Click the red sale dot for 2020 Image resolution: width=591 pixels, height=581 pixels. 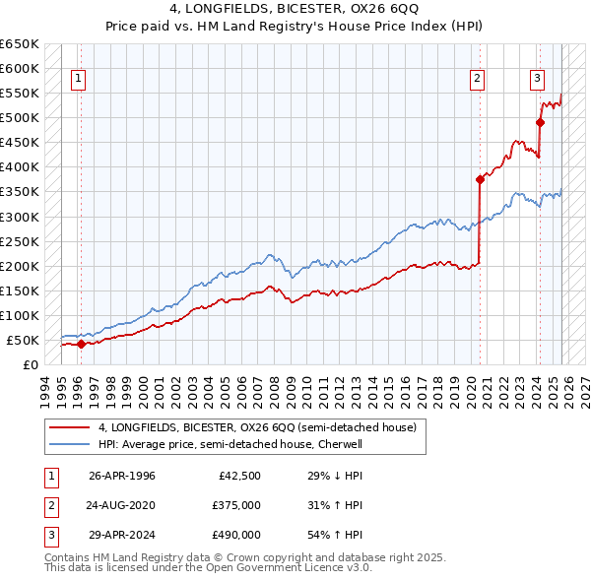pyautogui.click(x=480, y=179)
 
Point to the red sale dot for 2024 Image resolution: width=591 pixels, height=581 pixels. pyautogui.click(x=540, y=123)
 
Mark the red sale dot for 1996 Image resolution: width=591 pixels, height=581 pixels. pyautogui.click(x=81, y=344)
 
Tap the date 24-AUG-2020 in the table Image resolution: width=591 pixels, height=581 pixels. pyautogui.click(x=121, y=505)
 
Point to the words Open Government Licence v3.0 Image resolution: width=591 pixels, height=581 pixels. pyautogui.click(x=296, y=568)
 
